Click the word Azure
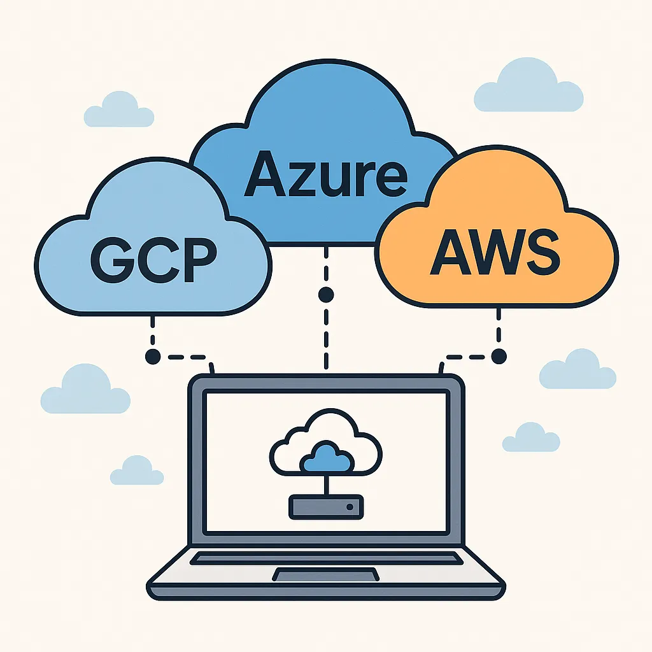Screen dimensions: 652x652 click(x=325, y=174)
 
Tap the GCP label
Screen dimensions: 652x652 click(x=154, y=260)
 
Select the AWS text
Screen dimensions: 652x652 click(x=495, y=252)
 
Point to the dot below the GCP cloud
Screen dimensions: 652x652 click(x=153, y=357)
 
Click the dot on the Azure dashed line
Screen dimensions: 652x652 click(x=326, y=295)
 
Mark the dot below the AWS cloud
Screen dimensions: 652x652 click(x=499, y=357)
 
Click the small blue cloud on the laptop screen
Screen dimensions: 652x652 click(x=327, y=457)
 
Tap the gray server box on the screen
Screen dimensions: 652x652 click(x=327, y=507)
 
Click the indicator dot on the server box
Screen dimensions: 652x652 click(x=350, y=507)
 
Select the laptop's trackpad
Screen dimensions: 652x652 click(x=326, y=574)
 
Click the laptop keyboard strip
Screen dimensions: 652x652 click(x=327, y=558)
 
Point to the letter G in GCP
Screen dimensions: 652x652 click(x=112, y=260)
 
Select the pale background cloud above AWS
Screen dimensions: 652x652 click(x=528, y=85)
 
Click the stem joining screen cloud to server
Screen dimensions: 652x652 click(x=327, y=485)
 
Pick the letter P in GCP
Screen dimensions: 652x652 click(x=201, y=260)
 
